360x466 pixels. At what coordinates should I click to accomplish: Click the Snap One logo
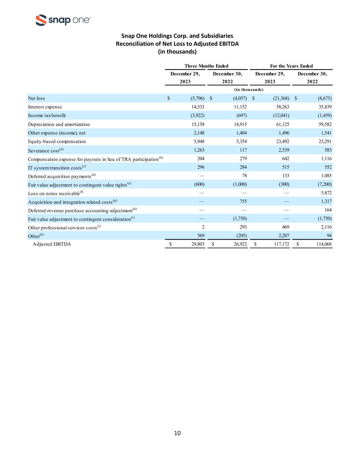63,20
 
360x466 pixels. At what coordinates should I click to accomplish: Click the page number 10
177,433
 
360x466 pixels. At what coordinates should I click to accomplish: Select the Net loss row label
37,98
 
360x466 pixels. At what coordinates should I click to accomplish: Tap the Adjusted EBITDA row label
52,244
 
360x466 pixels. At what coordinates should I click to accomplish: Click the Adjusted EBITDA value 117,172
281,244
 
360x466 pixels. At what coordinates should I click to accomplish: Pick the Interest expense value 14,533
198,107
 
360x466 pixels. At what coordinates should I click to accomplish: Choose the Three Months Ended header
206,66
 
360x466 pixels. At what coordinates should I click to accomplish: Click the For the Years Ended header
291,66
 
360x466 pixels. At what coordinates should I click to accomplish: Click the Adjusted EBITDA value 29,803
196,244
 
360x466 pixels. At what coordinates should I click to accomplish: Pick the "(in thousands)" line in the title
177,52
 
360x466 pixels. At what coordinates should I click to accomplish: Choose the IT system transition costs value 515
285,167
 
